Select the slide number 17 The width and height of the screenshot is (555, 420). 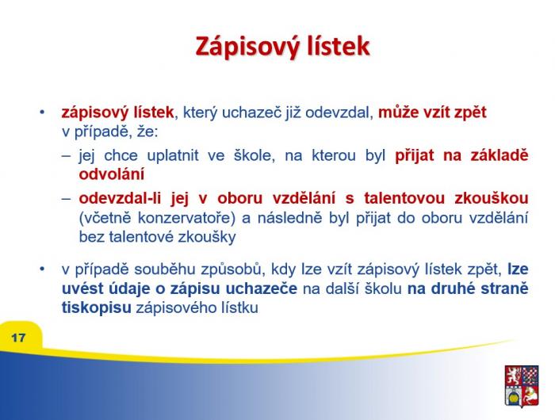coord(18,338)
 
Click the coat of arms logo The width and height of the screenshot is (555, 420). coord(522,386)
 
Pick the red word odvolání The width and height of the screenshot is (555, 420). coord(112,174)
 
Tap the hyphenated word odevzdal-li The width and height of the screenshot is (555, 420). coord(120,198)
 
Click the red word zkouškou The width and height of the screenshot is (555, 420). coord(492,198)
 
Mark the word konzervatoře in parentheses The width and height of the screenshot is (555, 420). coord(186,218)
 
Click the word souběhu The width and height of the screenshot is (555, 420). coord(165,269)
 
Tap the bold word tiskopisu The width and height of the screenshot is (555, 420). coord(97,307)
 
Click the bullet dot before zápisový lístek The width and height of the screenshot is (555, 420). coord(43,113)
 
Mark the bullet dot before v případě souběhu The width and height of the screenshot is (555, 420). coord(43,269)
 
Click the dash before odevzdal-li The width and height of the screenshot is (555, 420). coord(66,198)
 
